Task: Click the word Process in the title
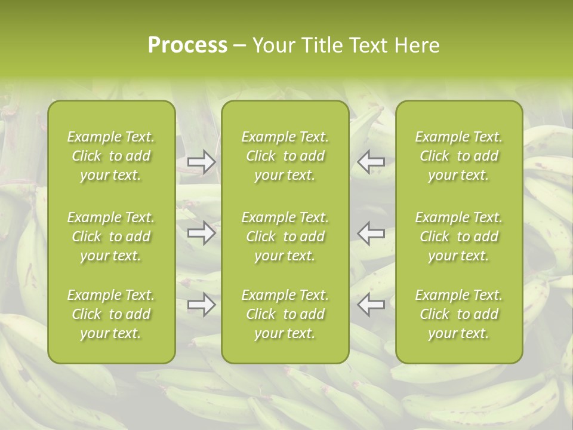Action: (187, 45)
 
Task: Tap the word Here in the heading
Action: (417, 45)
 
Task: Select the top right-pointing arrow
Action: (201, 161)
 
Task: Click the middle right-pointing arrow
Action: (201, 233)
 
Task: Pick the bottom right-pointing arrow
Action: (201, 305)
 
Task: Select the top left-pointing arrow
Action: (371, 161)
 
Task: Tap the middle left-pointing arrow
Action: (371, 233)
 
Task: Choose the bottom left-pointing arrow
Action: (371, 305)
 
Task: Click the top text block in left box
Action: (111, 156)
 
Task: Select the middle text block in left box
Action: (111, 236)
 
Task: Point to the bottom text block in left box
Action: (111, 314)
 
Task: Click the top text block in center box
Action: (285, 156)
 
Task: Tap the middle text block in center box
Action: (285, 236)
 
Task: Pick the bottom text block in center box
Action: (285, 314)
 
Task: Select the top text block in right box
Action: (459, 156)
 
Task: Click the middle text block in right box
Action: (459, 236)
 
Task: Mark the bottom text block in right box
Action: (459, 314)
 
